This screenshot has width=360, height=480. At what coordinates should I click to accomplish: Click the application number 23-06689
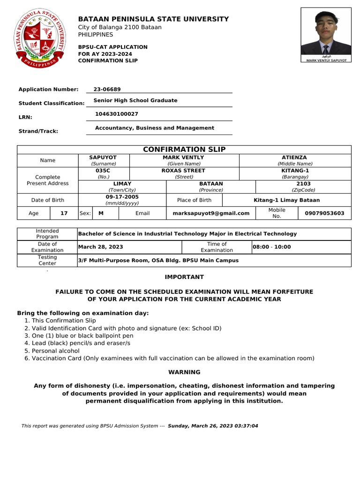pos(107,89)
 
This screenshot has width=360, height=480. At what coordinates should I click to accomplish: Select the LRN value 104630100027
pos(116,114)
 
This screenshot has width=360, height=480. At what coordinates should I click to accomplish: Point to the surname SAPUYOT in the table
pos(103,157)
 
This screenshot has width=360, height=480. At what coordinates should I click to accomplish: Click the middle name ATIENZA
pos(294,157)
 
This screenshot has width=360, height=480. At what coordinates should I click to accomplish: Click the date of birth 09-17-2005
pos(122,197)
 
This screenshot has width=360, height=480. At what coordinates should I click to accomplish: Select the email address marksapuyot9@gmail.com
pos(210,213)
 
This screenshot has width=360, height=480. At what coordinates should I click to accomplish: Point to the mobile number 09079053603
pos(324,213)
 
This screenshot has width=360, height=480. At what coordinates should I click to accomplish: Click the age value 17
pos(64,213)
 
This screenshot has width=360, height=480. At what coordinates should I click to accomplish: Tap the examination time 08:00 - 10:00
pos(272,247)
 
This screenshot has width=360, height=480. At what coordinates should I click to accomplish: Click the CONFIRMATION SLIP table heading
pos(184,150)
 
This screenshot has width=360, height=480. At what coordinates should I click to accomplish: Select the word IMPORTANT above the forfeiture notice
pos(184,277)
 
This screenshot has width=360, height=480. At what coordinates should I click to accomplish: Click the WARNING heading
pos(184,372)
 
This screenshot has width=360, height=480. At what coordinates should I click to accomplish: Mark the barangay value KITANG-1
pos(295,171)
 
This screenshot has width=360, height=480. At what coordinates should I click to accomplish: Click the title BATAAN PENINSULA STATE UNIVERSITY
pos(153,19)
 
